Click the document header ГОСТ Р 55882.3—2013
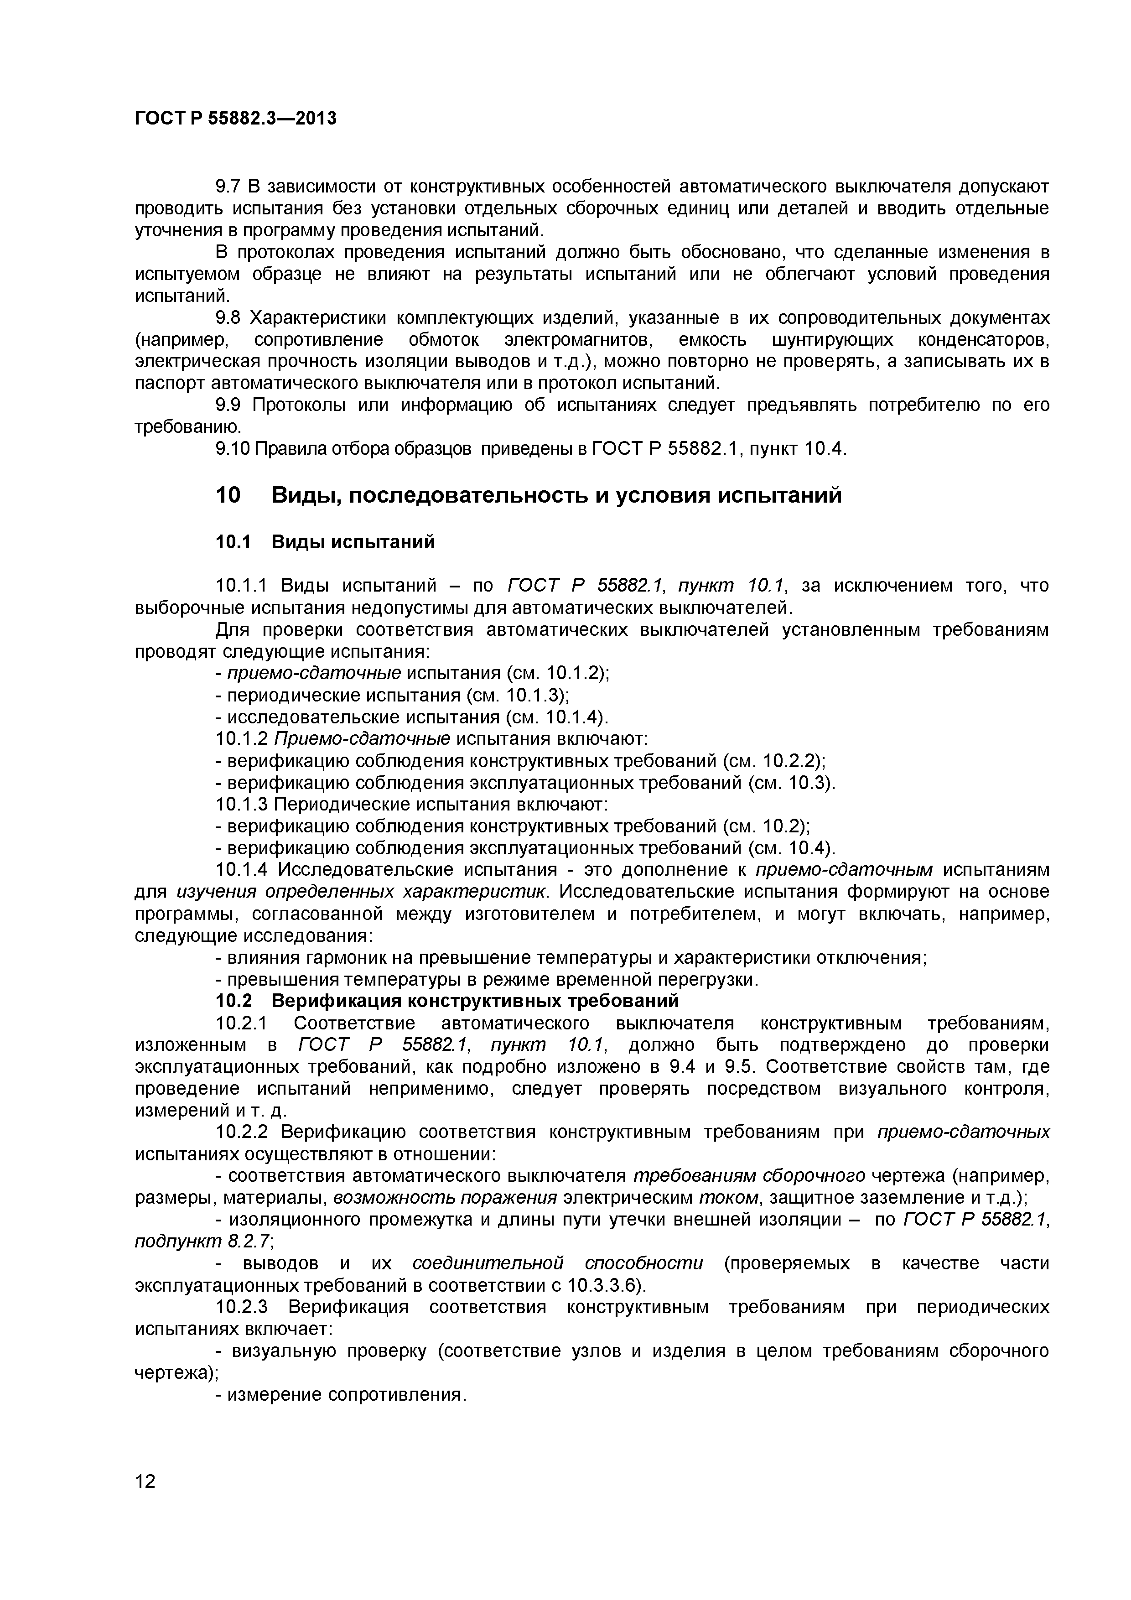point(235,119)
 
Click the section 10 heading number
point(228,495)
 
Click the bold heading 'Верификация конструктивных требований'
point(475,1002)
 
